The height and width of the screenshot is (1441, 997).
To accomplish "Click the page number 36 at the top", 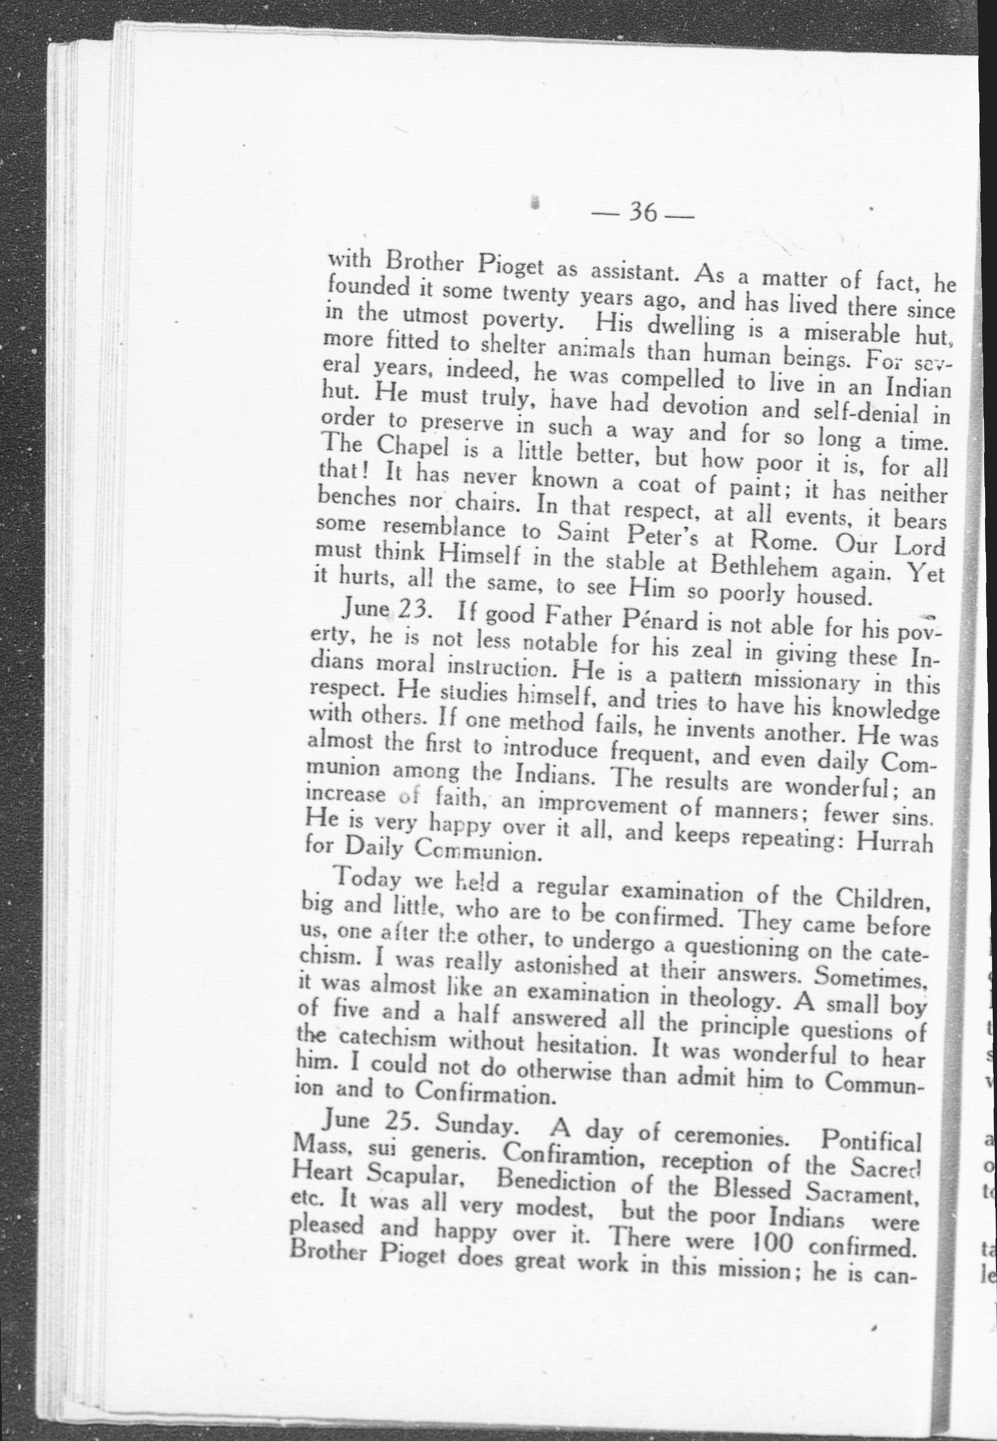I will [643, 212].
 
